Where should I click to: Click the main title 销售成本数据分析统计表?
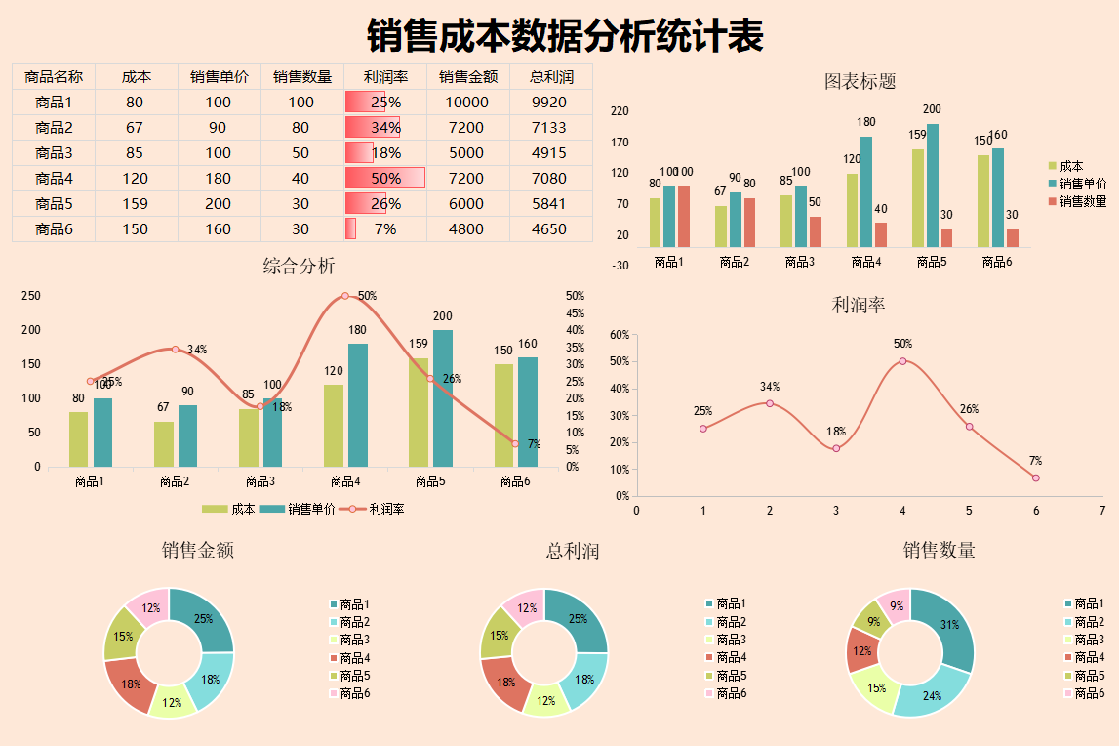point(565,37)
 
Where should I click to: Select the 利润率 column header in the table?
point(385,77)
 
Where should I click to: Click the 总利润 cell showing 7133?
point(549,128)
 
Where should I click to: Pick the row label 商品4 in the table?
point(54,179)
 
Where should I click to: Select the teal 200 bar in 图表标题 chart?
point(933,186)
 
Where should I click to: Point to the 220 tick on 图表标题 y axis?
point(619,112)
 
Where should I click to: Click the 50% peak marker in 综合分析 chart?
point(344,296)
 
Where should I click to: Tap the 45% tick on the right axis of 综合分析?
point(575,313)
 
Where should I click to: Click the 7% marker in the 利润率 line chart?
point(1035,477)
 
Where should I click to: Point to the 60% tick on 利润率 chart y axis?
point(619,335)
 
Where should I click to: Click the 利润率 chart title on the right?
point(858,305)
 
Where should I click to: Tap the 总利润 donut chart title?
point(572,551)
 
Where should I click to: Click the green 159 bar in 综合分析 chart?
point(419,412)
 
